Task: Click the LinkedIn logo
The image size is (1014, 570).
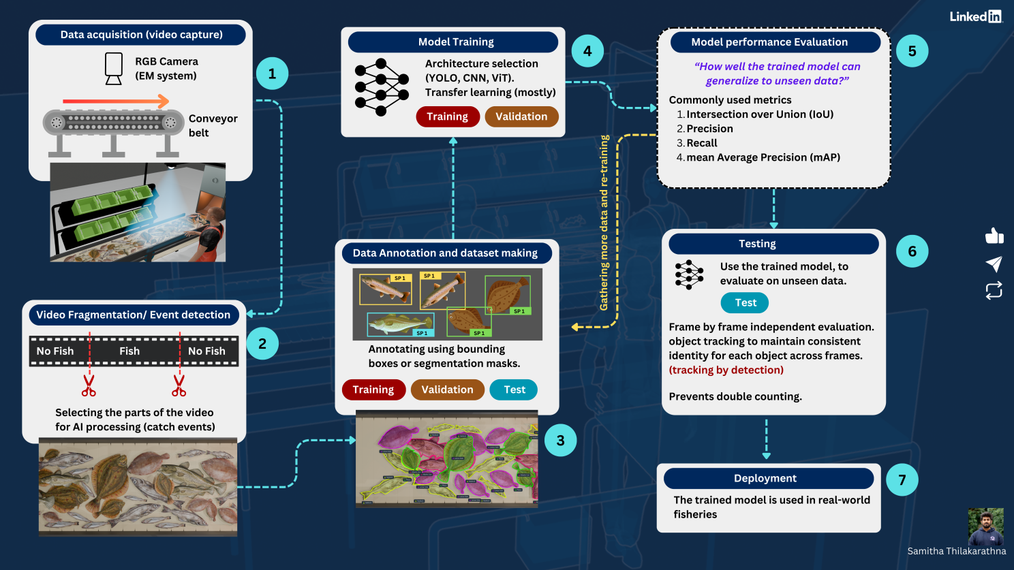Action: (976, 16)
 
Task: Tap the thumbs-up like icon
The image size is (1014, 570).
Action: (994, 236)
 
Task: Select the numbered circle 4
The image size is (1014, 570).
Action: (587, 51)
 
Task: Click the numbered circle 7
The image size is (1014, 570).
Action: (902, 480)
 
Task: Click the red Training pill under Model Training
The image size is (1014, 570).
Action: (447, 116)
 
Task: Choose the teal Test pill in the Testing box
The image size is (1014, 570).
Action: (745, 302)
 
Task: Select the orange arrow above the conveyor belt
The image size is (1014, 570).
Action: (116, 101)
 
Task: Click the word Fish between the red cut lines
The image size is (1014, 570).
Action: (129, 351)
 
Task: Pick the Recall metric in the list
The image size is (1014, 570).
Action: (702, 143)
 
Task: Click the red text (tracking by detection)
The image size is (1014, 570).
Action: (726, 370)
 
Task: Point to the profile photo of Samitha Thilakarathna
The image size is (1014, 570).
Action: (985, 526)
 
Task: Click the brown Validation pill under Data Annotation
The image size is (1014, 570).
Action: (447, 390)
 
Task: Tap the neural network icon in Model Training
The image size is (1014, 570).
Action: (381, 86)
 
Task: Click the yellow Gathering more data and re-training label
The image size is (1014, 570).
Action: (604, 223)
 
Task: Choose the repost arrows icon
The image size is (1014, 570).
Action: (994, 291)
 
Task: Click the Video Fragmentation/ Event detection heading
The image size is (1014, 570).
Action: (134, 315)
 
